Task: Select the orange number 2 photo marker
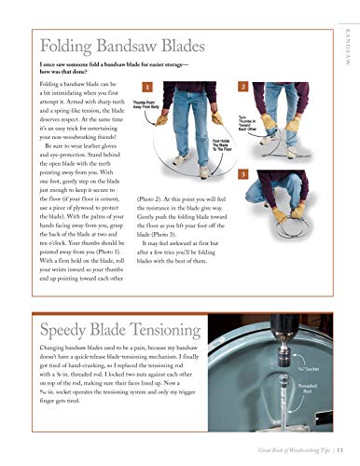tap(242, 86)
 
